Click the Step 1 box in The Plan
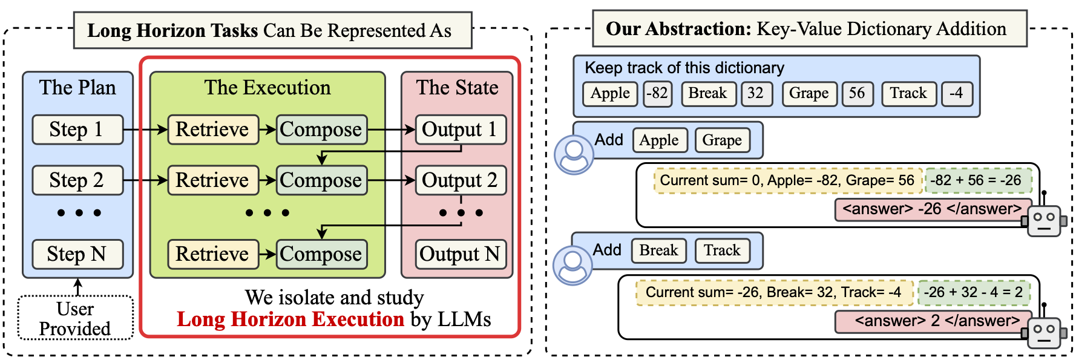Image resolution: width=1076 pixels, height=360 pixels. pyautogui.click(x=77, y=129)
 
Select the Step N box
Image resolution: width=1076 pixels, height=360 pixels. pyautogui.click(x=77, y=254)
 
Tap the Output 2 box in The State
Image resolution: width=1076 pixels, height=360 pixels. pyautogui.click(x=460, y=180)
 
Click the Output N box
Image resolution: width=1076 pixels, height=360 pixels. pyautogui.click(x=460, y=254)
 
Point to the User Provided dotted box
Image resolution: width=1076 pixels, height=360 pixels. pyautogui.click(x=76, y=318)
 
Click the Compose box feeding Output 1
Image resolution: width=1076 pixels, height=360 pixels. pyautogui.click(x=321, y=129)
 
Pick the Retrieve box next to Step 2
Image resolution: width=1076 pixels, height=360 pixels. pyautogui.click(x=213, y=180)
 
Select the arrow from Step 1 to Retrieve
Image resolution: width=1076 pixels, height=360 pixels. pyautogui.click(x=145, y=129)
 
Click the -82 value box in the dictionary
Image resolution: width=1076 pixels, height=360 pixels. pyautogui.click(x=657, y=94)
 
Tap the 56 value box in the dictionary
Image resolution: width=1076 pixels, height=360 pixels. pyautogui.click(x=857, y=94)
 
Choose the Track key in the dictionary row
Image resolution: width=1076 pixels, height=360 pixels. pyautogui.click(x=908, y=94)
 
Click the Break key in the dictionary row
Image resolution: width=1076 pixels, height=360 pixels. pyautogui.click(x=708, y=94)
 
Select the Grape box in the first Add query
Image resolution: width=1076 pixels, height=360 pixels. pyautogui.click(x=722, y=140)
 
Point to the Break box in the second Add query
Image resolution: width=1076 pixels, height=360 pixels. pyautogui.click(x=658, y=250)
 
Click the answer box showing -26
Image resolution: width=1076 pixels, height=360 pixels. pyautogui.click(x=932, y=209)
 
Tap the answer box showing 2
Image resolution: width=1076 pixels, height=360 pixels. pyautogui.click(x=932, y=321)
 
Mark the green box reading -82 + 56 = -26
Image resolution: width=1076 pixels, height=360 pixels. pyautogui.click(x=977, y=180)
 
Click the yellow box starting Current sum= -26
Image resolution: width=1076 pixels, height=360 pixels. pyautogui.click(x=774, y=292)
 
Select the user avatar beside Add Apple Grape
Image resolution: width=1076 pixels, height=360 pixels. pyautogui.click(x=573, y=155)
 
